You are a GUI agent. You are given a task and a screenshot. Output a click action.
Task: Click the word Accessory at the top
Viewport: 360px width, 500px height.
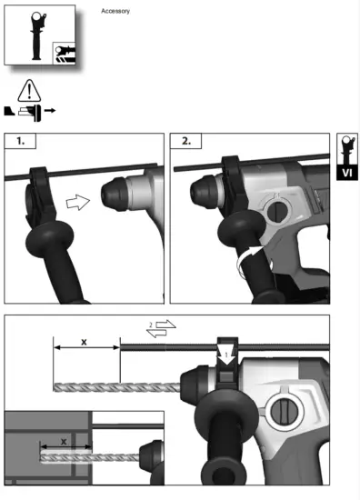point(115,11)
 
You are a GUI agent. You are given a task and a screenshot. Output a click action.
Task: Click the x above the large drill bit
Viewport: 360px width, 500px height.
point(85,342)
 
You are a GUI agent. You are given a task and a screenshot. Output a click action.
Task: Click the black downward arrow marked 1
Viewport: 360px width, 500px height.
point(227,347)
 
